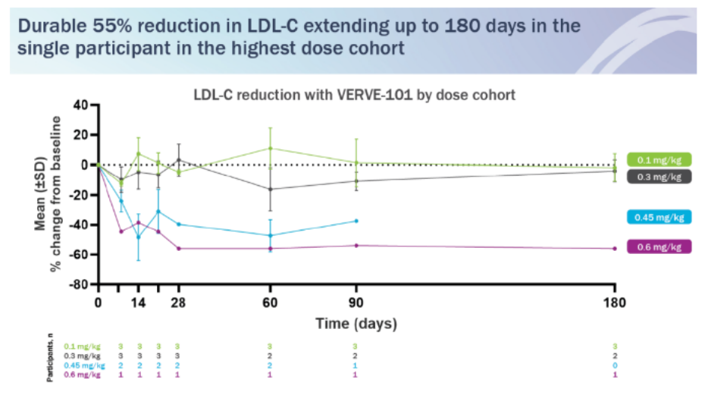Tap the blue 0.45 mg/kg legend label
click(659, 217)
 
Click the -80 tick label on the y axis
click(79, 285)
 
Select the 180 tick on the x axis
click(615, 304)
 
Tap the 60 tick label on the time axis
click(270, 304)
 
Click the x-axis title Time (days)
click(356, 324)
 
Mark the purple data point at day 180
click(615, 249)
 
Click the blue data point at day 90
click(356, 221)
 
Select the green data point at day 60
click(270, 148)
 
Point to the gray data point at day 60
click(270, 190)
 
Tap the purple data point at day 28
click(178, 249)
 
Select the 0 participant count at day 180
click(615, 365)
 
